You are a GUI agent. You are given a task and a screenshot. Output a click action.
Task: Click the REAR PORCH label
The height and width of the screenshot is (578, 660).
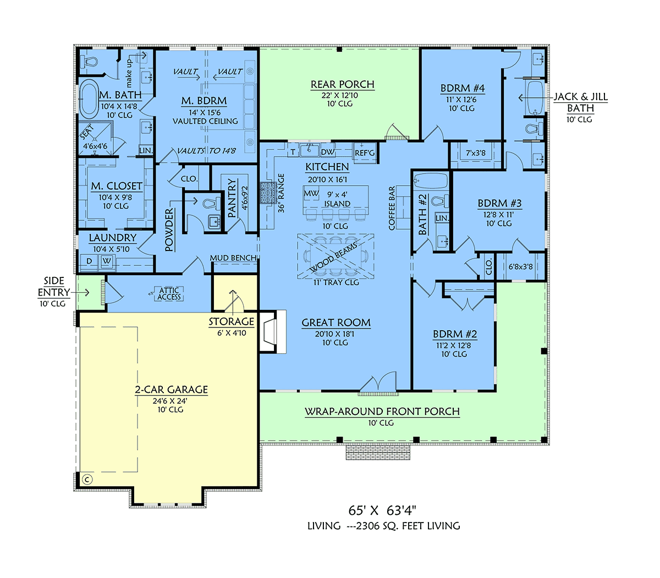point(342,84)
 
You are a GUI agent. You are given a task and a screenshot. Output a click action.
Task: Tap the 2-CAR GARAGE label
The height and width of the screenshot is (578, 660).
point(172,390)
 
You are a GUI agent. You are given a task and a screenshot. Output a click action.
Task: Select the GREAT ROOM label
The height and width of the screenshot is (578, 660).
point(336,323)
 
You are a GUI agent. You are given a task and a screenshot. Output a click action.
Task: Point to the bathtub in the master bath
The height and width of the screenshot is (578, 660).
point(89,99)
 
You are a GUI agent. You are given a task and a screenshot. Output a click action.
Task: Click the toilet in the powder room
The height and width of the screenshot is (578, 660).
point(211,204)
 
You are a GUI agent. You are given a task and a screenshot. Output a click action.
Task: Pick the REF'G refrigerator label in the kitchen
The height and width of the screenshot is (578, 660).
point(365,153)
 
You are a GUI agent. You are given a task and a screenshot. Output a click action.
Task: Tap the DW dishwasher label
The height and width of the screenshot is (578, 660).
point(327,152)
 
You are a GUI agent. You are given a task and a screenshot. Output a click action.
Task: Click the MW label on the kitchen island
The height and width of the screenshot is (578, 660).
point(311,193)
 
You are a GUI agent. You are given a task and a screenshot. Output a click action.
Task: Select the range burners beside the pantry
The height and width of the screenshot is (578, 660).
point(268,193)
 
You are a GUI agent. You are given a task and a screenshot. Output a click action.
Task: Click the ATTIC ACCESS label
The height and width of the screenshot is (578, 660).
point(169,293)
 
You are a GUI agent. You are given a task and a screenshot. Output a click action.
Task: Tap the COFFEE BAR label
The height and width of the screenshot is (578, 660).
point(392,208)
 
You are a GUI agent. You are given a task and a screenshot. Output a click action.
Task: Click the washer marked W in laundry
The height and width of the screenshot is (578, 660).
point(107,261)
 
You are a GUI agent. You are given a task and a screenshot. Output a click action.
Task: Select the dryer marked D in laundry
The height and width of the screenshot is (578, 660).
point(89,261)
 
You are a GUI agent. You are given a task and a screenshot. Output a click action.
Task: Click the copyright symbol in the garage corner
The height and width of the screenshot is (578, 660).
point(87,480)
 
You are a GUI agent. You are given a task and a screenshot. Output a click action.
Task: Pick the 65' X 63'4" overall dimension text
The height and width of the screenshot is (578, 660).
point(382,510)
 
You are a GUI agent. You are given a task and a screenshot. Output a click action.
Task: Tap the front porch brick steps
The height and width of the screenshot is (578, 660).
point(378,452)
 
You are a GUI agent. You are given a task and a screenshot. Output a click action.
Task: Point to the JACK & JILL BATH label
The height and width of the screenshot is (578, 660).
point(580,102)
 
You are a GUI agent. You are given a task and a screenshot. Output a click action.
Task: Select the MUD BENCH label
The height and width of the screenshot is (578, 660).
point(233,258)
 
